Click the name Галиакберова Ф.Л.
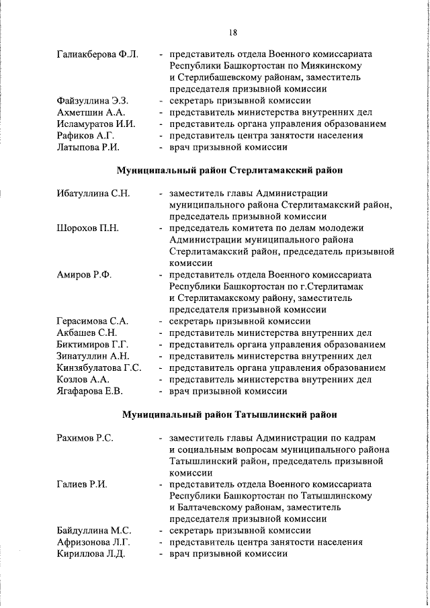97,54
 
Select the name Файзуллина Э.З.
93,101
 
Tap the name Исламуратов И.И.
96,124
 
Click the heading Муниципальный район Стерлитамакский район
230,171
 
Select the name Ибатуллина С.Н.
93,193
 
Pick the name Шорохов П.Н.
87,228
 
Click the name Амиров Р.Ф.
84,275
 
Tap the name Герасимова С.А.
92,321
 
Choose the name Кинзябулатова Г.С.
99,367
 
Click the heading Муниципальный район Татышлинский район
230,415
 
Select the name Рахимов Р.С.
85,438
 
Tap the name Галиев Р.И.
83,484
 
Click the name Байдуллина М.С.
93,531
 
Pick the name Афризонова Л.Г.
93,542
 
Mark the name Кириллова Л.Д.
91,554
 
